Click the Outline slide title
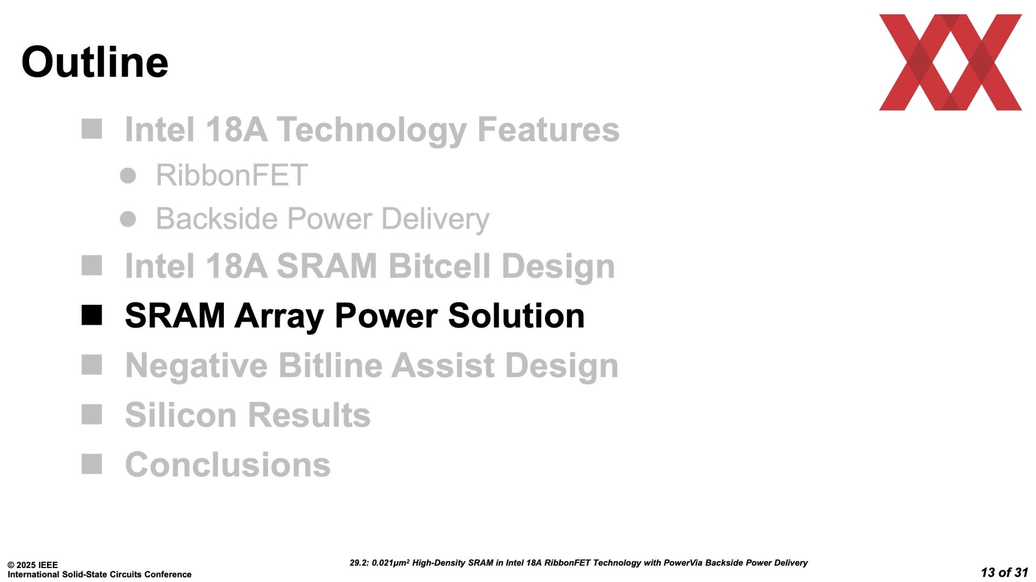point(95,62)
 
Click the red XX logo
point(950,63)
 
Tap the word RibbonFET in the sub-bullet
point(231,175)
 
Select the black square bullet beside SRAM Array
point(92,315)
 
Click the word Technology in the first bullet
point(372,130)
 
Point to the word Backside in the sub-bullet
point(217,219)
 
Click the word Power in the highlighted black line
point(386,316)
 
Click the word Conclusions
point(228,465)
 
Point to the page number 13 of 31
point(1004,572)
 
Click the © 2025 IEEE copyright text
point(32,565)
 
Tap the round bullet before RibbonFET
point(128,176)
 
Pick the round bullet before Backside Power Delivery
point(128,219)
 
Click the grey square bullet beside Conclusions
point(92,464)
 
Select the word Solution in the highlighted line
point(516,316)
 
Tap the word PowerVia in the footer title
point(683,563)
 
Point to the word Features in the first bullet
point(548,130)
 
